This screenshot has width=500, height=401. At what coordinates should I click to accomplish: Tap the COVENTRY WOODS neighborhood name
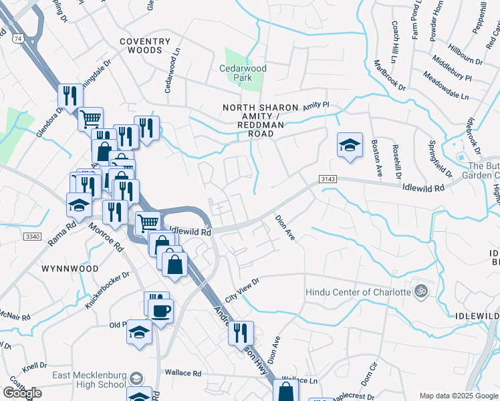(x=141, y=46)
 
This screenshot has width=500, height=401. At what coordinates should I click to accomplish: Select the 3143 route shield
(x=328, y=179)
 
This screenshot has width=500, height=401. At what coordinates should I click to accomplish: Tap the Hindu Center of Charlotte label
(x=358, y=292)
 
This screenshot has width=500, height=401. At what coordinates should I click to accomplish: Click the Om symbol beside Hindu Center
(x=421, y=291)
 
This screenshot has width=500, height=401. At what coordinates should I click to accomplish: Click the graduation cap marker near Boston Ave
(x=350, y=146)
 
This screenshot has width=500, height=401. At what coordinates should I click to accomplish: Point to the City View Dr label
(x=241, y=291)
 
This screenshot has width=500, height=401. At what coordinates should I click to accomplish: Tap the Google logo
(x=22, y=393)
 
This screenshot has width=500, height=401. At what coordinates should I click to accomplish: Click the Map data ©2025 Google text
(x=458, y=396)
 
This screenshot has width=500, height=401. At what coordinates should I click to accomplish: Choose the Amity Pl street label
(x=316, y=106)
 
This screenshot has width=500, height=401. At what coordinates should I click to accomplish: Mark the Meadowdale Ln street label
(x=446, y=87)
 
